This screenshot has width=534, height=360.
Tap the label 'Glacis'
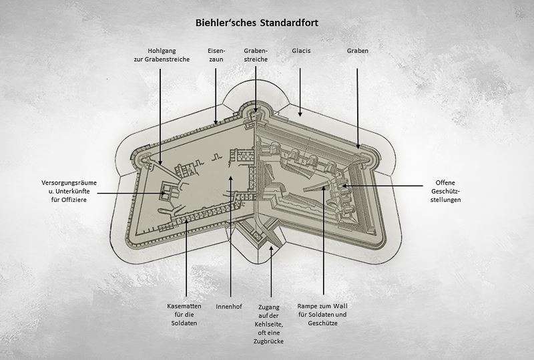302,50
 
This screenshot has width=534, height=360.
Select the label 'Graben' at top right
358,50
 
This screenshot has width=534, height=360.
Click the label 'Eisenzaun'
217,55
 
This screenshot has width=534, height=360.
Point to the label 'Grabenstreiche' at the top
256,55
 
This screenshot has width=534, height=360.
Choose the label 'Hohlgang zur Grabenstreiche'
160,55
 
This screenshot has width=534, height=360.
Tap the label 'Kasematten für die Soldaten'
183,314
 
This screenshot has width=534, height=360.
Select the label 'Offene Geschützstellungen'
448,190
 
